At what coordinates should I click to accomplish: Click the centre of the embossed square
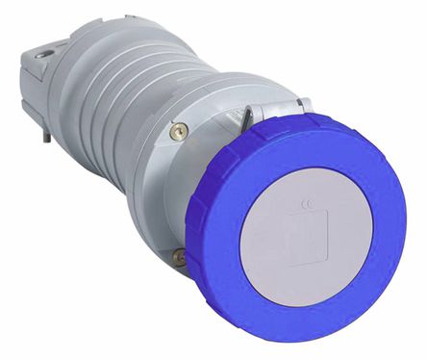[317, 229]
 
